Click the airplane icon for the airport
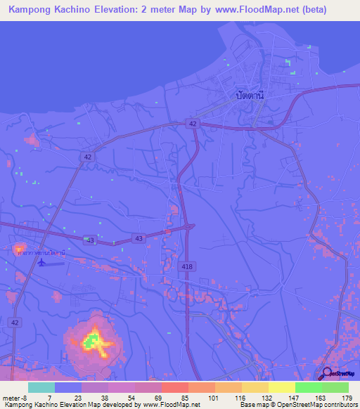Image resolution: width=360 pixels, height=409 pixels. click(41, 262)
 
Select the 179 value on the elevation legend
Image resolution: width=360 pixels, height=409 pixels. click(347, 398)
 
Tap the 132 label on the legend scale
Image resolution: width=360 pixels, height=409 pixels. click(267, 398)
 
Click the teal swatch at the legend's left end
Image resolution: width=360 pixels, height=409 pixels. click(41, 387)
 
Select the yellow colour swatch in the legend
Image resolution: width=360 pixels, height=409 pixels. click(281, 387)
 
